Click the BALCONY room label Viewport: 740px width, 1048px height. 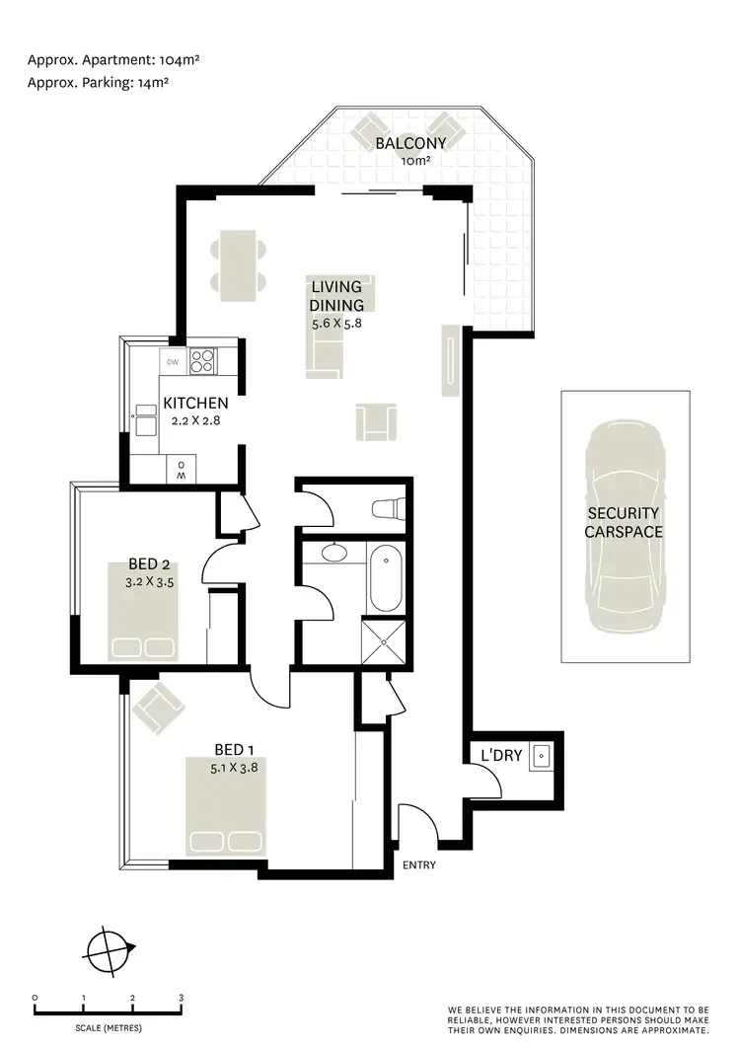[x=410, y=143]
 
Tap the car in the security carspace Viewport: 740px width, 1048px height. [x=624, y=528]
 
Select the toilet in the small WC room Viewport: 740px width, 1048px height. [x=386, y=509]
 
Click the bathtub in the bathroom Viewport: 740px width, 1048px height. [x=385, y=577]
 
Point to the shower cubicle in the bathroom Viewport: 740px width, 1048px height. [x=383, y=638]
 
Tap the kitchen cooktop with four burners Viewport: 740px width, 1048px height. [x=202, y=361]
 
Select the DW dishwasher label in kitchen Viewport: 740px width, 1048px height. [x=173, y=362]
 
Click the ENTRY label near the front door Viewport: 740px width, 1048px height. [x=419, y=865]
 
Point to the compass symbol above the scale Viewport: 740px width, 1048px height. [x=107, y=952]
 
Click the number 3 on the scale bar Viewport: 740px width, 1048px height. [x=181, y=998]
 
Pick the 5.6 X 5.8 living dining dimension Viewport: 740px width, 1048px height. [x=337, y=322]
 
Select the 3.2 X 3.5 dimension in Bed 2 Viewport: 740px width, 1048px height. [x=150, y=582]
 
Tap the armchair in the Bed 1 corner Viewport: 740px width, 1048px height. [x=158, y=711]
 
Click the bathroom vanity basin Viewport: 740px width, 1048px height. [x=334, y=554]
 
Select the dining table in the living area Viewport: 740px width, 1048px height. [x=238, y=265]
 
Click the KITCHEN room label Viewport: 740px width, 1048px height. [x=195, y=403]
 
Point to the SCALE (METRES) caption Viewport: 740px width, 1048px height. [x=107, y=1028]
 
